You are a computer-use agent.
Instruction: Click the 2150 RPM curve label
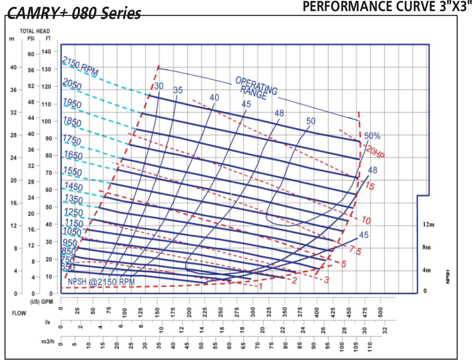(80, 66)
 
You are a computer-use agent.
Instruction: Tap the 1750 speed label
(72, 139)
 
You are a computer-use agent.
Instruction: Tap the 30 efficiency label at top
(159, 86)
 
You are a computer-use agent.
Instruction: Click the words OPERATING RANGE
(255, 88)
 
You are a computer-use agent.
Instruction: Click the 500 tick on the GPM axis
(381, 309)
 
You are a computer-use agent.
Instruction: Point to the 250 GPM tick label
(221, 309)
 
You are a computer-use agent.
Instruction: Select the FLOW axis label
(19, 313)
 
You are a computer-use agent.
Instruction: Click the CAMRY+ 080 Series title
(74, 13)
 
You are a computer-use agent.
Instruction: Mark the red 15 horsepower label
(370, 186)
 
